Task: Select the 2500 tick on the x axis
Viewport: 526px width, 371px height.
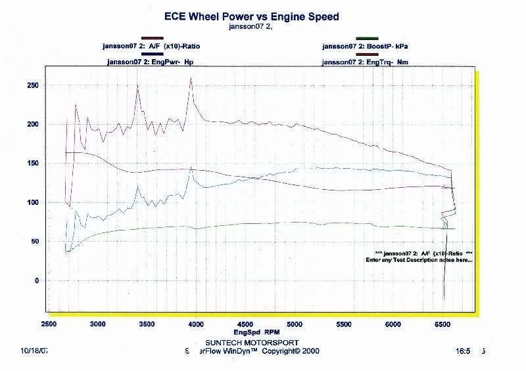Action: pyautogui.click(x=49, y=324)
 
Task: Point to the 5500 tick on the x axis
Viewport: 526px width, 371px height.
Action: pyautogui.click(x=344, y=324)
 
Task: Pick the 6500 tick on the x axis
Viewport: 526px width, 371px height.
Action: pyautogui.click(x=442, y=324)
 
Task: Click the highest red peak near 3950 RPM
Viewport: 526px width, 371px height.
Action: pyautogui.click(x=191, y=78)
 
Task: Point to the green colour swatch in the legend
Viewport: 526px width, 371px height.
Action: pyautogui.click(x=366, y=39)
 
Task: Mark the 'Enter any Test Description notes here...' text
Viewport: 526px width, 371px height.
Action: pyautogui.click(x=419, y=261)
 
